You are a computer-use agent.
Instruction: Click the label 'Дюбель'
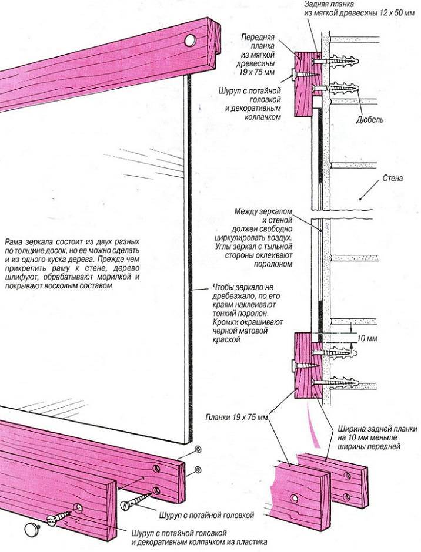(x=370, y=120)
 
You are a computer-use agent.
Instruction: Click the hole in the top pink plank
(x=190, y=41)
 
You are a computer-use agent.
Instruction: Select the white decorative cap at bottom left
(x=31, y=529)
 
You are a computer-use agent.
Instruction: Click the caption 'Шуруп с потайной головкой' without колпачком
(x=206, y=515)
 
